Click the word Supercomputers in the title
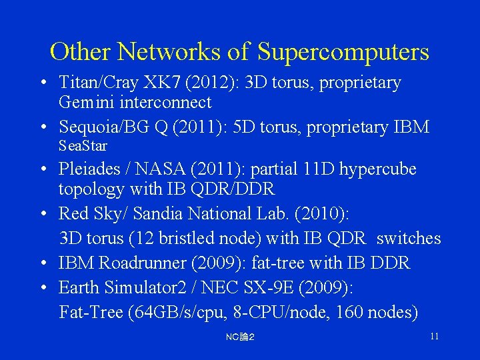[x=343, y=51]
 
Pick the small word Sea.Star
[x=83, y=145]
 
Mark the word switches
[x=409, y=238]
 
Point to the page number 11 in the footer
[x=434, y=336]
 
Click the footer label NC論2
[x=240, y=337]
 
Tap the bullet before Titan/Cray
[x=43, y=83]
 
